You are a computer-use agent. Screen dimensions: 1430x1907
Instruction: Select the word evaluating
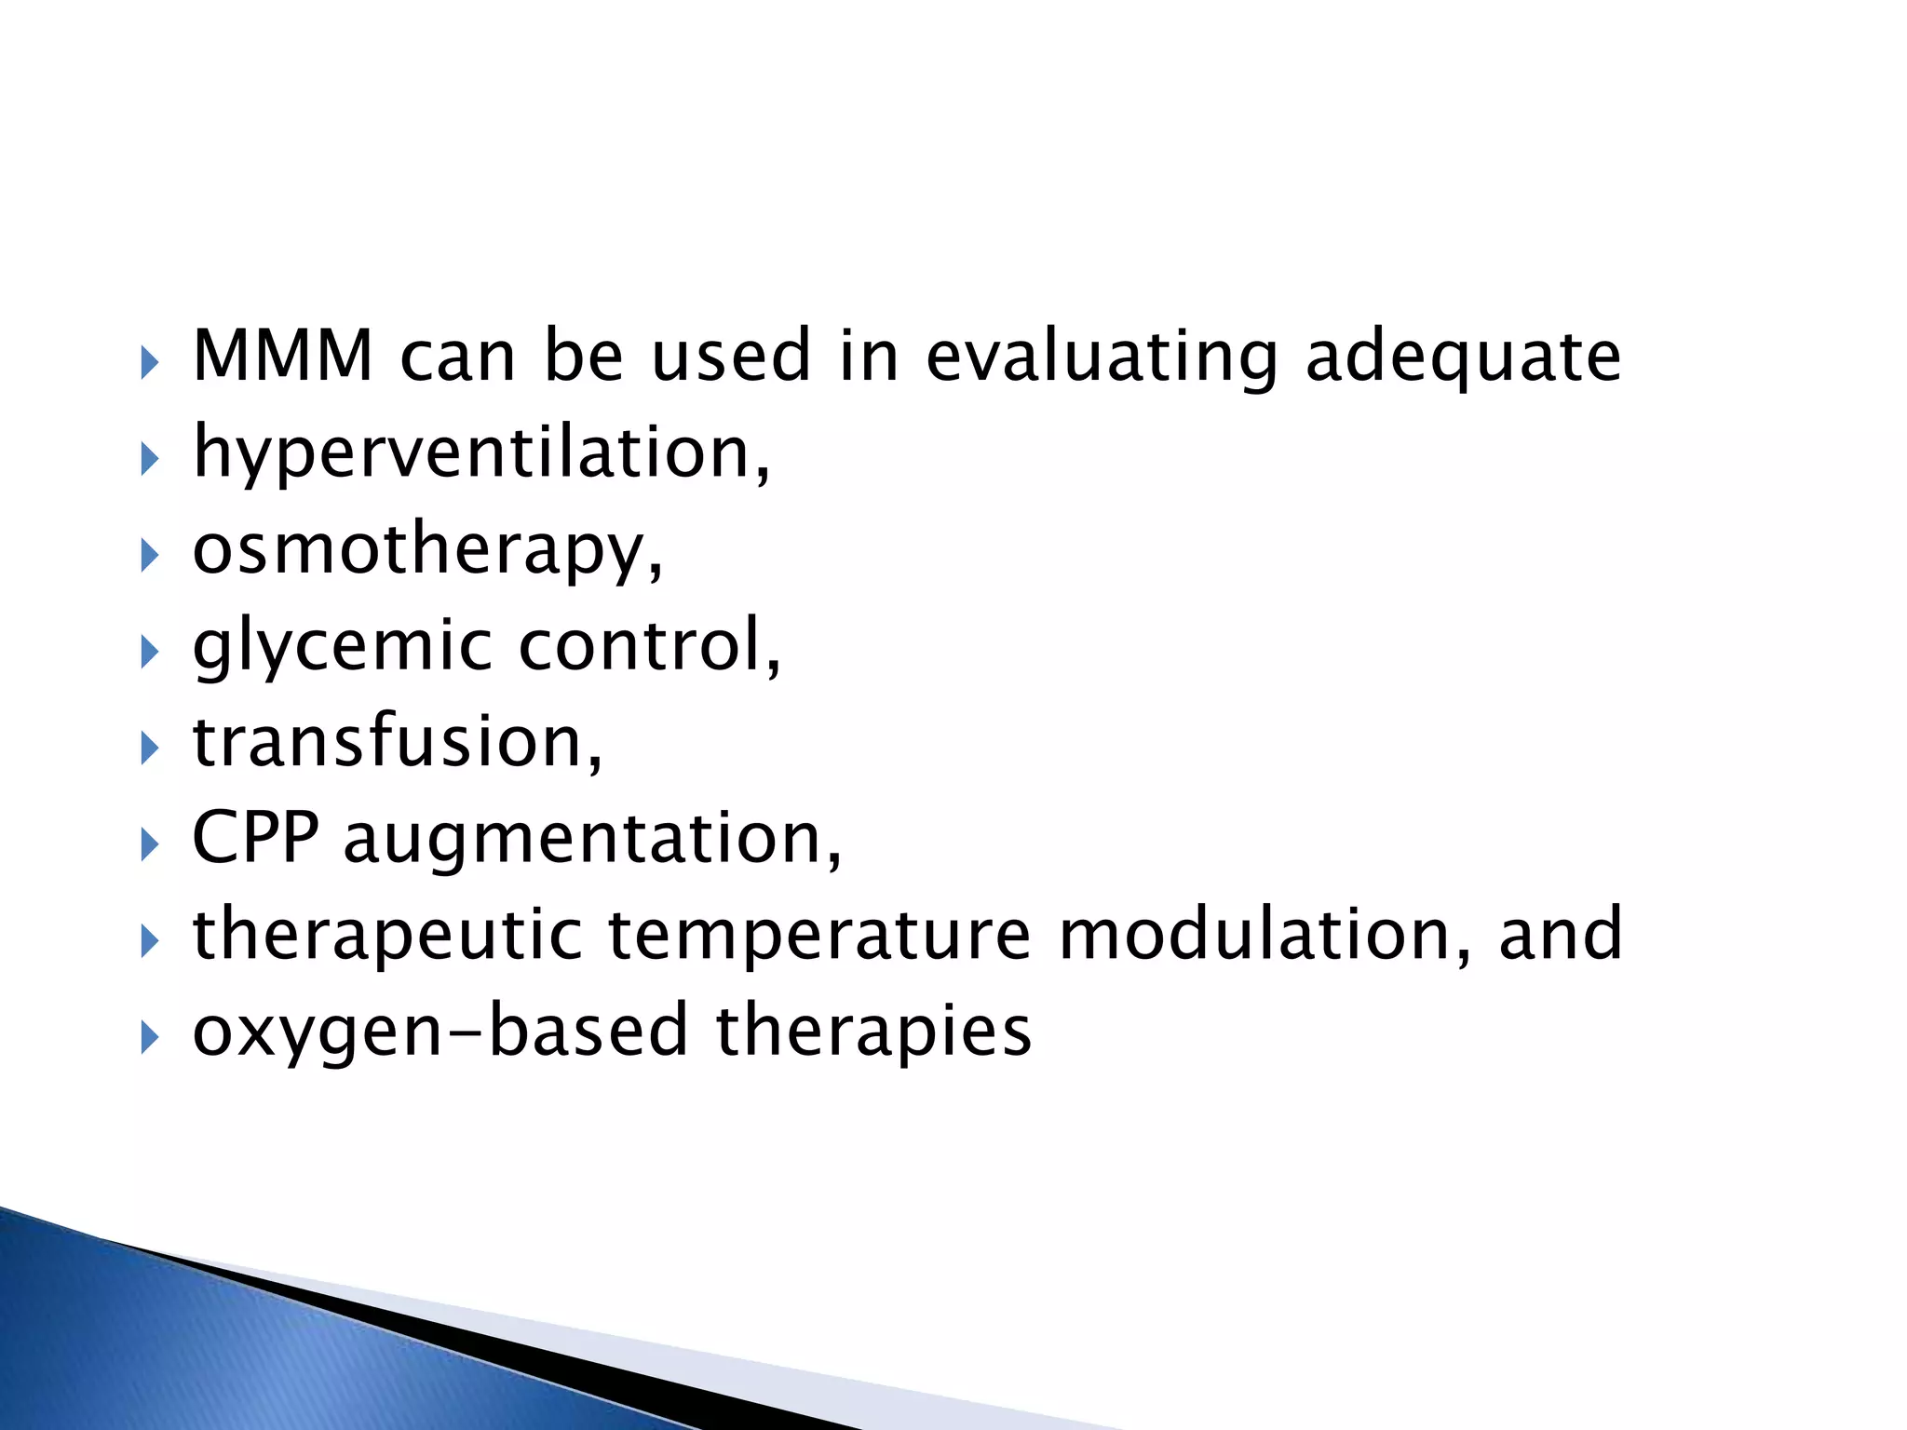coord(1102,358)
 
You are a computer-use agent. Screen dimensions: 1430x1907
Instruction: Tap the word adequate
coord(1463,358)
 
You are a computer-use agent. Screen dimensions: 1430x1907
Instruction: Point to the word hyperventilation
coord(479,454)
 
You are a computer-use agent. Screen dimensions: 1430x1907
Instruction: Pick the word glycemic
coord(342,648)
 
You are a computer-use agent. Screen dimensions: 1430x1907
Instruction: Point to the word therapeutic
coord(386,937)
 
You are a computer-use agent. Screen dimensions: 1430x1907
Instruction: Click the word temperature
coord(819,937)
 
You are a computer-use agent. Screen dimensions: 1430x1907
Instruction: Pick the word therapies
coord(873,1032)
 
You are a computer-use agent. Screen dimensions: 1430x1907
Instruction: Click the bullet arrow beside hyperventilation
coord(150,459)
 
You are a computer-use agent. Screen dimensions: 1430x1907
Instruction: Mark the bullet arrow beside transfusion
coord(150,748)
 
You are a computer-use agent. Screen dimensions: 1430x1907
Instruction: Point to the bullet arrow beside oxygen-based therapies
coord(150,1036)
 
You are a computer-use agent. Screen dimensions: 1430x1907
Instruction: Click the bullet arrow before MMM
coord(150,362)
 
